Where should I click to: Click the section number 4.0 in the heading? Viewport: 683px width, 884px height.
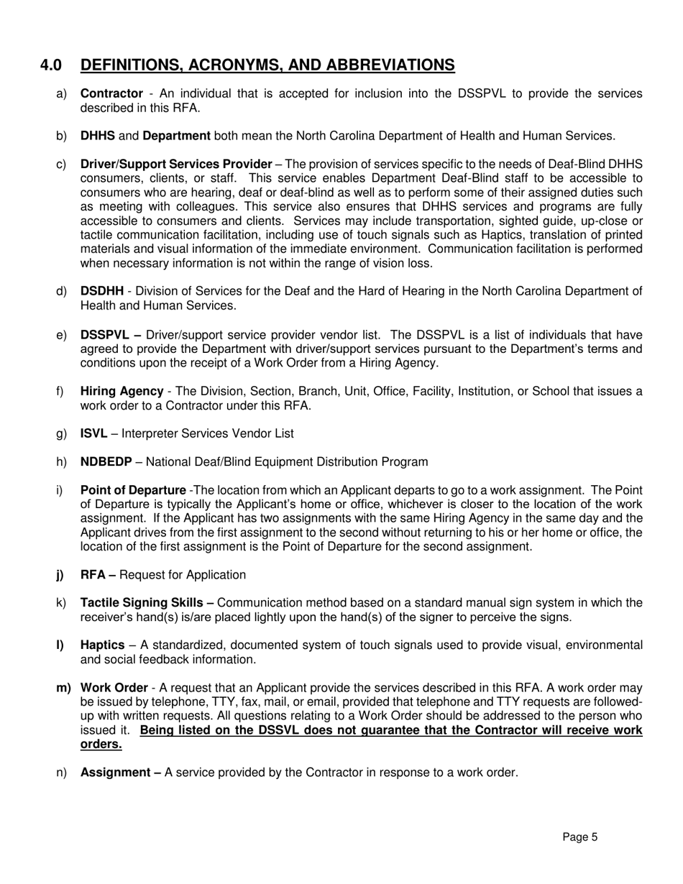click(x=51, y=65)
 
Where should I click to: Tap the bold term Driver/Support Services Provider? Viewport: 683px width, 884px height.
click(x=176, y=164)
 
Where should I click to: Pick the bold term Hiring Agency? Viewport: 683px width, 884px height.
click(x=122, y=392)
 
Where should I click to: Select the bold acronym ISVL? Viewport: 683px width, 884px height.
click(x=93, y=433)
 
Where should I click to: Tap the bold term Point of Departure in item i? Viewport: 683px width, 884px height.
click(x=132, y=490)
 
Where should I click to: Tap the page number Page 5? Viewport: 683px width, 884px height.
click(x=579, y=837)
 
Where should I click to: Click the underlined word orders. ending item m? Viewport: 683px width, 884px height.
click(x=101, y=745)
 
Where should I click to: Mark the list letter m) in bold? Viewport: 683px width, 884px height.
click(x=63, y=688)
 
